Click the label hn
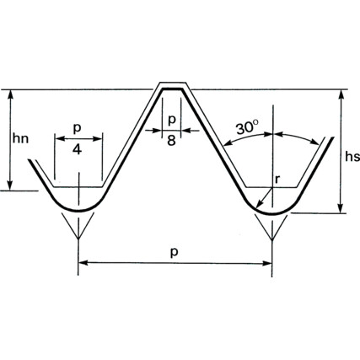coord(20,138)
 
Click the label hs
coord(352,157)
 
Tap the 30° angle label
coord(247,128)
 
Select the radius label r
coord(277,179)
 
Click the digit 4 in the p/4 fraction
coord(77,149)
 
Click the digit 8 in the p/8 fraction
coord(171,141)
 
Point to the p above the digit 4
coord(77,128)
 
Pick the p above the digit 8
coord(171,120)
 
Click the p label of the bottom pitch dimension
coord(175,252)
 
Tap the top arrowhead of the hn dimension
coord(10,94)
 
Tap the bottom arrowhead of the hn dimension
coord(10,185)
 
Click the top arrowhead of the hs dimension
coord(341,94)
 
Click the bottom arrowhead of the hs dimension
coord(341,208)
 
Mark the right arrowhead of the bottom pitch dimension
coord(267,263)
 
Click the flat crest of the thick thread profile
coord(172,89)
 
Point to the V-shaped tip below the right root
coord(271,239)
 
